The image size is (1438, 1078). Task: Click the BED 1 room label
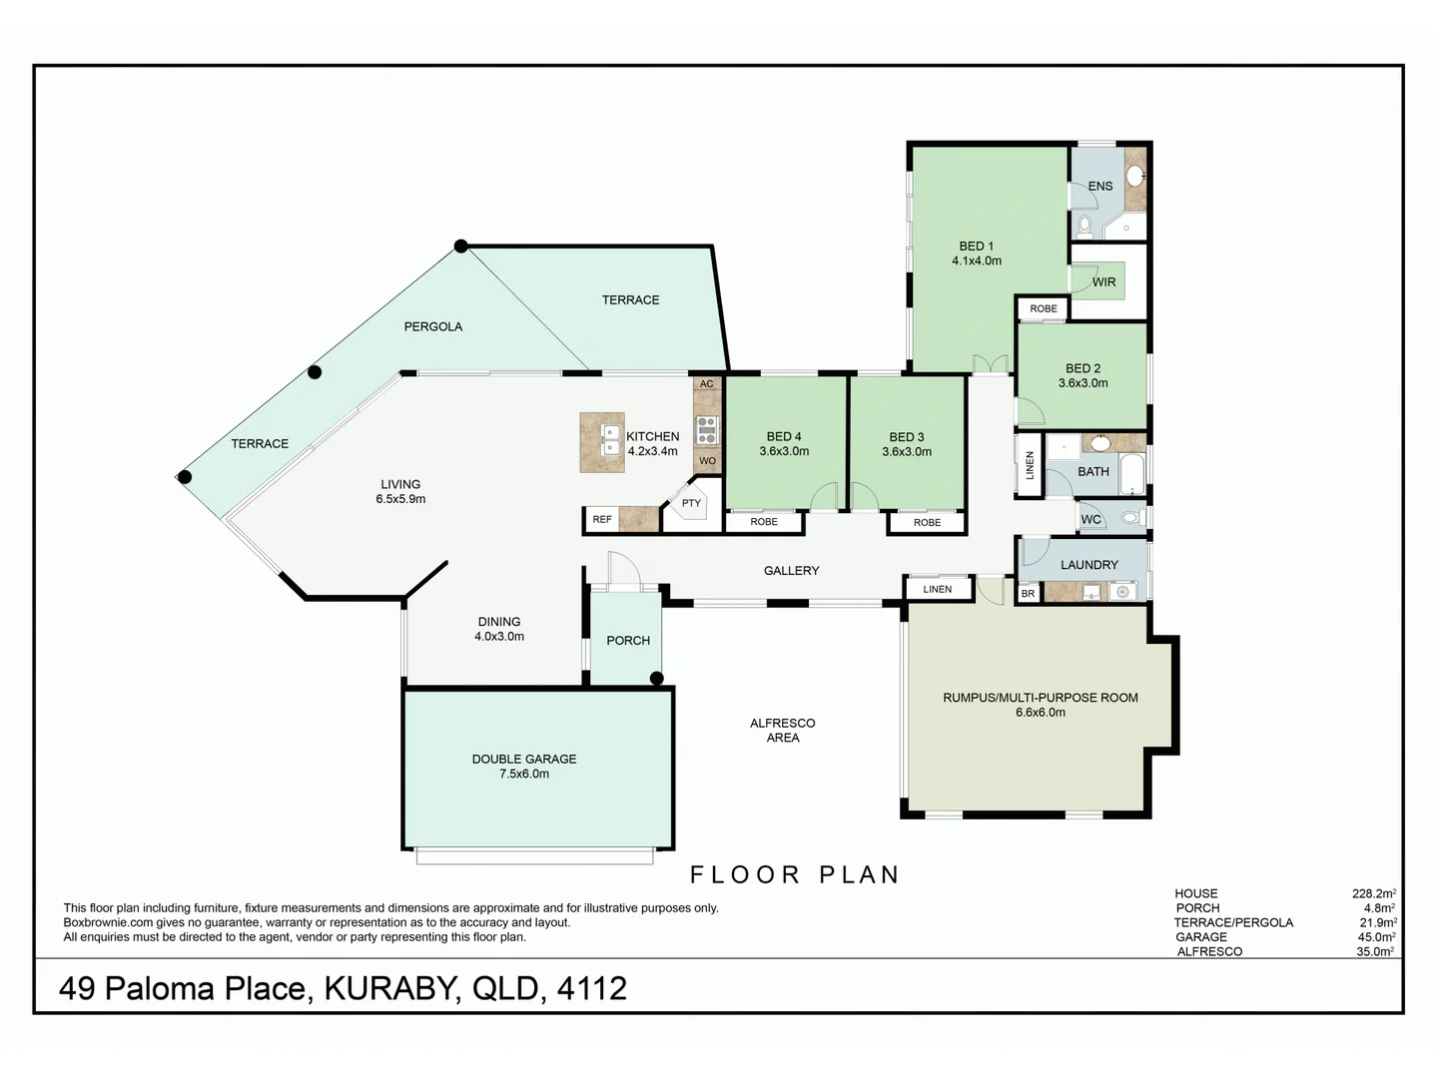(x=976, y=247)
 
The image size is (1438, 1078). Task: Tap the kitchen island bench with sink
(x=602, y=442)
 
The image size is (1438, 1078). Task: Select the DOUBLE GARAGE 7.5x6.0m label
(x=524, y=766)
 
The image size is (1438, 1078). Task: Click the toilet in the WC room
(x=1130, y=518)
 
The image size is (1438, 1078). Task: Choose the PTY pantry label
(x=691, y=503)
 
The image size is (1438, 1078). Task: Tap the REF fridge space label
(x=601, y=519)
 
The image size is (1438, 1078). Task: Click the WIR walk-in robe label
(x=1103, y=282)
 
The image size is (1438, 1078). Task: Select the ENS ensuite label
(x=1099, y=187)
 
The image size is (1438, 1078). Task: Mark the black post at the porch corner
(x=657, y=679)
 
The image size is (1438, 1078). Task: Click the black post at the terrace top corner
(x=460, y=246)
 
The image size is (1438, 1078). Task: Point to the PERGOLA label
(x=432, y=326)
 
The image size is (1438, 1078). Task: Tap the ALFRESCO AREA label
(x=783, y=730)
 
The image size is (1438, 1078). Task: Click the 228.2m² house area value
(x=1373, y=894)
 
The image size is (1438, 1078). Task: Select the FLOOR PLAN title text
(x=795, y=875)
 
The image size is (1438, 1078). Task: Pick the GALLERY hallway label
(x=791, y=571)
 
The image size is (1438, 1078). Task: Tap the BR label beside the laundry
(x=1028, y=594)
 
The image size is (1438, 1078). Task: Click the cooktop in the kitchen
(x=706, y=429)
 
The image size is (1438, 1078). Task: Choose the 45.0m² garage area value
(x=1375, y=937)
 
